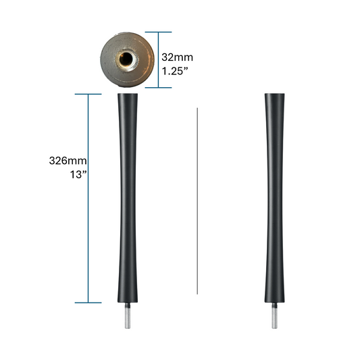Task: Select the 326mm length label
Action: pos(68,161)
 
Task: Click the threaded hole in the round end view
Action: pos(126,59)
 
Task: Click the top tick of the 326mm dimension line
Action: pos(89,94)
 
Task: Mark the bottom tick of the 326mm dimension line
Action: pos(89,302)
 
